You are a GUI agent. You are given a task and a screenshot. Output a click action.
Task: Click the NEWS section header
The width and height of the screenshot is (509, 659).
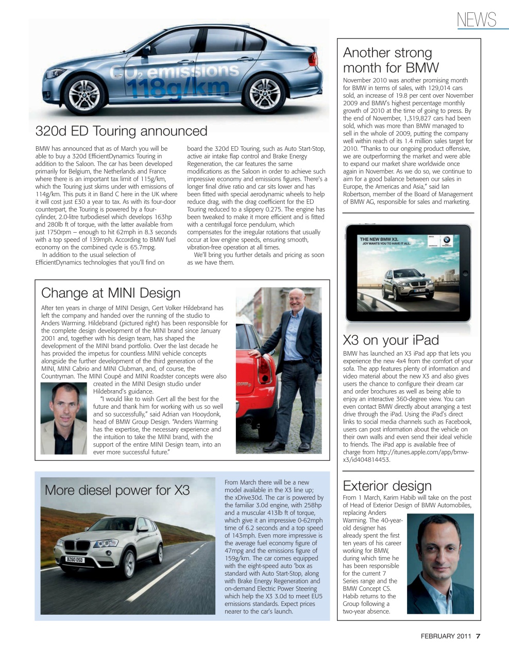[x=476, y=20]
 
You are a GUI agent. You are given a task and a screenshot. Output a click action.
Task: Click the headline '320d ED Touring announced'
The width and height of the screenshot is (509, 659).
[x=122, y=131]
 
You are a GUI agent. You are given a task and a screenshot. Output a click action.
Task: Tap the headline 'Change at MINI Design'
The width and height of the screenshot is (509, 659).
[x=111, y=293]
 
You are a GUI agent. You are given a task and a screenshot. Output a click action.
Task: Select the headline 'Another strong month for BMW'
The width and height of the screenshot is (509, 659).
[x=391, y=60]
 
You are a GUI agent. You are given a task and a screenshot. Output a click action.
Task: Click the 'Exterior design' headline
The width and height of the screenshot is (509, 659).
[x=387, y=486]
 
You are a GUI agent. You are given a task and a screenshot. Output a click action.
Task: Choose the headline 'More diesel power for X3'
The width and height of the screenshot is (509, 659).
[x=117, y=490]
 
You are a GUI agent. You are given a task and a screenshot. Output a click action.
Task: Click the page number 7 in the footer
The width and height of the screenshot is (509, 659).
[x=478, y=636]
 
